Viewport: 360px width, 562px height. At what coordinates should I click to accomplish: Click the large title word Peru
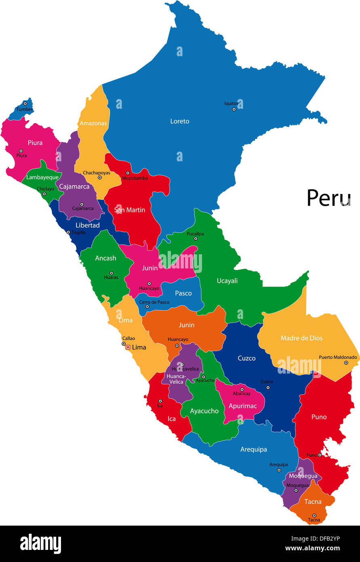tap(328, 198)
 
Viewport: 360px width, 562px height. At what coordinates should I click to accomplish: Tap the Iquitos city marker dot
tap(234, 109)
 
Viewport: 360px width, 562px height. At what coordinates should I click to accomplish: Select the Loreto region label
tap(179, 121)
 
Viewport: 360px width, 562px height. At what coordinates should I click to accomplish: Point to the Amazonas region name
tap(93, 123)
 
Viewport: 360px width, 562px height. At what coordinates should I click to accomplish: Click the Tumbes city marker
tap(25, 104)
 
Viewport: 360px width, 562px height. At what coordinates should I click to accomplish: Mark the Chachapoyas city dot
tap(100, 177)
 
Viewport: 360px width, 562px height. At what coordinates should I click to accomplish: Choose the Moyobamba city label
tap(135, 178)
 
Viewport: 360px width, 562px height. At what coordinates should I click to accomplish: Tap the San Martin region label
tap(129, 210)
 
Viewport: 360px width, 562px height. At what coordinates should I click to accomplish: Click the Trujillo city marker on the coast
tap(68, 232)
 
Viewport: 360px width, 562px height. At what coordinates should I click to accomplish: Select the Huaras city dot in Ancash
tap(112, 273)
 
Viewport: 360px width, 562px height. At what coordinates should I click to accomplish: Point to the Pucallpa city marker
tap(196, 239)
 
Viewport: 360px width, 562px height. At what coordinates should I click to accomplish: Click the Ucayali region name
tap(227, 281)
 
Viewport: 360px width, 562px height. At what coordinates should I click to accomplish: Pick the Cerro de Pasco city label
tap(154, 302)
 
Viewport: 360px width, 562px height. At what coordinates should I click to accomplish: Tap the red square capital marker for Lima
tap(128, 347)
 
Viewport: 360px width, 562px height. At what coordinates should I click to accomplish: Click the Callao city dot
tap(124, 344)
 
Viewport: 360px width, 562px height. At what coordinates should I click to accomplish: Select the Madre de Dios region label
tap(301, 338)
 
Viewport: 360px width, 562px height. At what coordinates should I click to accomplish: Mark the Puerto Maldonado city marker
tap(346, 363)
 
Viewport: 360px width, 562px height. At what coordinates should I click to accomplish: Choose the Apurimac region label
tap(242, 406)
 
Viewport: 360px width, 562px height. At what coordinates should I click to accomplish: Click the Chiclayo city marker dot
tap(44, 194)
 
